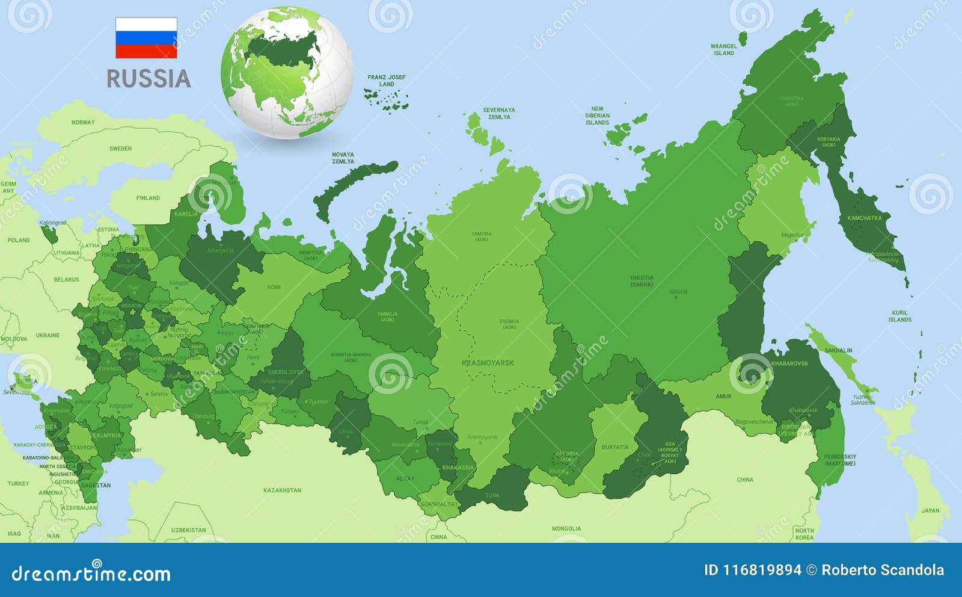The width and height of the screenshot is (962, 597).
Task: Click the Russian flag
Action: (146, 38)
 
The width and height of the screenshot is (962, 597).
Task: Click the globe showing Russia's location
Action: (287, 72)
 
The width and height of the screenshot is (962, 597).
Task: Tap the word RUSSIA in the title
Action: (149, 79)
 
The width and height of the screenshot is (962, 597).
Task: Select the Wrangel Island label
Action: (724, 49)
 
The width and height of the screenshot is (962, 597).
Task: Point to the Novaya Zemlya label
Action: (343, 158)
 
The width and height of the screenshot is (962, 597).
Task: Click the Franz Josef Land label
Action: (387, 81)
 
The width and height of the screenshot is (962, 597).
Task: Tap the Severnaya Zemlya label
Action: (499, 113)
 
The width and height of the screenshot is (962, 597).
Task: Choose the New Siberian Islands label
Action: (597, 116)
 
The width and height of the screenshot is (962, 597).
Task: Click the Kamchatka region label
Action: (864, 218)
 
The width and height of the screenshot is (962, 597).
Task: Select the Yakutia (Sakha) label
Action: (642, 281)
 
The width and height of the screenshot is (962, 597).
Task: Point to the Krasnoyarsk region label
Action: (488, 363)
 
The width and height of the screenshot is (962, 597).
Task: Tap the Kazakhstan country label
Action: (282, 490)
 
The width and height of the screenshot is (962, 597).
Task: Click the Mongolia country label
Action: (566, 529)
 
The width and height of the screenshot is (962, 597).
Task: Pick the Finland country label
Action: (148, 198)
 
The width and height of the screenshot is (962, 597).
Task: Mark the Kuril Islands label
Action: (899, 316)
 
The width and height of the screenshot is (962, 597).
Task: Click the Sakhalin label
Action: (838, 350)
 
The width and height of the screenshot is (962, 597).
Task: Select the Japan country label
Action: (930, 511)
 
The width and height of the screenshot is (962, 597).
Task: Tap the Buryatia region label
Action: (615, 447)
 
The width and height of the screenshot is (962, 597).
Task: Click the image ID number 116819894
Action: (753, 570)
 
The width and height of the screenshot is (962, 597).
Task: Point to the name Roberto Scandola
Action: (883, 570)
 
